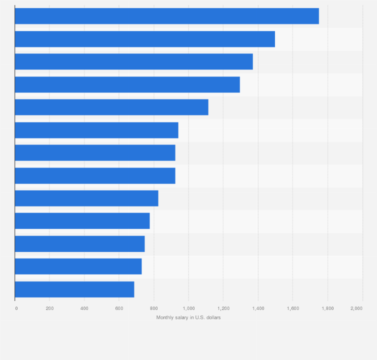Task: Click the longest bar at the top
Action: (166, 16)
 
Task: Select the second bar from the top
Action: (145, 39)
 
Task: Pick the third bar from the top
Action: (133, 61)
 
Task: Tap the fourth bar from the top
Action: (127, 84)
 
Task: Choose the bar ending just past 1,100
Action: (111, 107)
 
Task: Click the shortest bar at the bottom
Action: (74, 289)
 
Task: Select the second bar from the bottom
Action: (78, 266)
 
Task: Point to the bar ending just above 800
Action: (86, 198)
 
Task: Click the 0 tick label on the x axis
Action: (16, 308)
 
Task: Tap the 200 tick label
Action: (49, 308)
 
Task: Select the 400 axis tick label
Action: (84, 308)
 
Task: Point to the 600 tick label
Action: (119, 308)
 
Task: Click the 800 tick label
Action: (153, 308)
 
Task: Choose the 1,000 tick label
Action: (188, 308)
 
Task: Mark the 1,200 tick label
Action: (223, 308)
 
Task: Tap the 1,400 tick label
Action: (258, 308)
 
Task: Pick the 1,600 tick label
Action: (292, 308)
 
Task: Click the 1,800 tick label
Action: (327, 308)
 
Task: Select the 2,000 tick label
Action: (356, 308)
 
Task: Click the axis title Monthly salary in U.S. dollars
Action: (188, 317)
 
